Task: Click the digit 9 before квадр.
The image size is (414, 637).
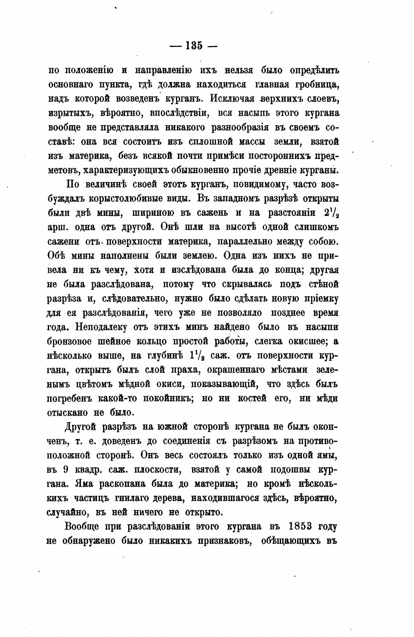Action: tap(65, 469)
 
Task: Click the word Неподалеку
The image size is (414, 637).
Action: tap(101, 327)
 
